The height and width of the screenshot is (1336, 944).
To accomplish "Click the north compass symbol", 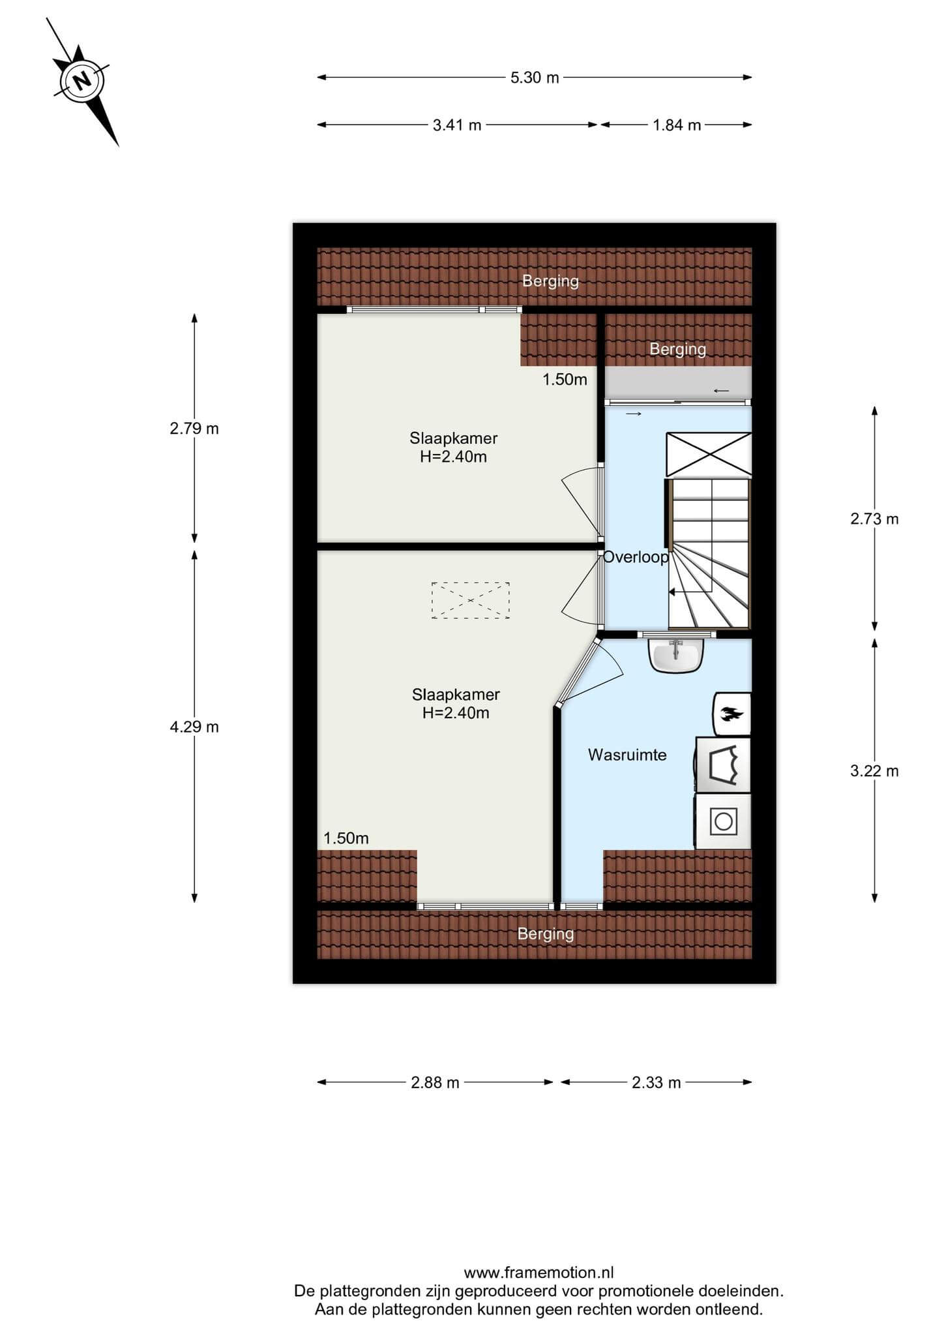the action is point(82,82).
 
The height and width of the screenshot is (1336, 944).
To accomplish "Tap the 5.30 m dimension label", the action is point(535,78).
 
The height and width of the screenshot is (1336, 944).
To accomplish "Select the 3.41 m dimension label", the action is point(457,125).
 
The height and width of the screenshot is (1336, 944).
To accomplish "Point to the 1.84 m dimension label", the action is point(677,125).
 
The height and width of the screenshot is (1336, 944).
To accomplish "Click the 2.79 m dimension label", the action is point(194,429).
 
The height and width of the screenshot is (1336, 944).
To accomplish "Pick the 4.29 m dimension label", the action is point(194,727).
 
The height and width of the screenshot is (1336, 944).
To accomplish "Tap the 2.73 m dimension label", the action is point(874,519).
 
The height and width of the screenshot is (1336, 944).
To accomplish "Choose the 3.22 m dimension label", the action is point(874,771).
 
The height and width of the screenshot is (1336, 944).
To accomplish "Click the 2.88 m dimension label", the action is point(435,1083).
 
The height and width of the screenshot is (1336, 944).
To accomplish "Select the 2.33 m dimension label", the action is point(656,1083).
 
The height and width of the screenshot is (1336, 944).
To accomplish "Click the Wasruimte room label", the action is point(627,755).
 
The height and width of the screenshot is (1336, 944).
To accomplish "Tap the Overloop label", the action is point(636,557).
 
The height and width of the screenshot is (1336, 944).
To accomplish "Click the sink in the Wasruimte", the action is point(677,655).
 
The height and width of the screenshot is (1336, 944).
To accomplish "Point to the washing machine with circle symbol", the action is point(724,821).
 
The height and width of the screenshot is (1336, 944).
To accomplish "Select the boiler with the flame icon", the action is point(733,714).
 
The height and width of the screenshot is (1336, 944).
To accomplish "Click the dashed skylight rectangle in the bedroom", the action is point(470,600).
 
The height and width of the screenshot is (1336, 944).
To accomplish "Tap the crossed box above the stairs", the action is point(709,455).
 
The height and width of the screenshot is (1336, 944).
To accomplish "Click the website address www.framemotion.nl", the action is point(538,1273).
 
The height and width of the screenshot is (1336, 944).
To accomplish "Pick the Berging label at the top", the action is point(550,281).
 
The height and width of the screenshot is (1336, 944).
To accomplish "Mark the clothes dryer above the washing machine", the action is point(724,765).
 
